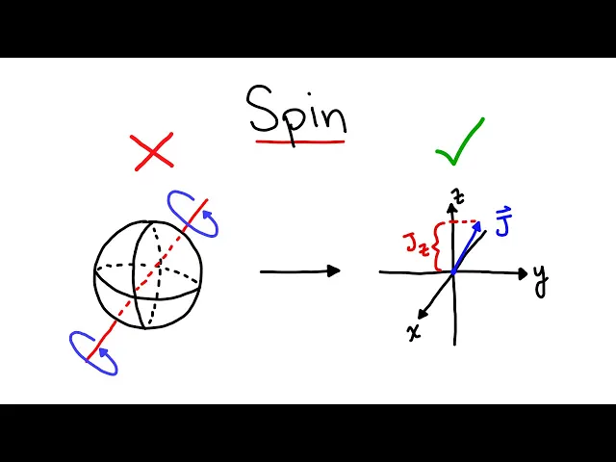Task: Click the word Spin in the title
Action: (296, 111)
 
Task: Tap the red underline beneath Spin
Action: (299, 142)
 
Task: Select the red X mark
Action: (153, 150)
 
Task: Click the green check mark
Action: (459, 144)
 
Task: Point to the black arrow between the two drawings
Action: (299, 271)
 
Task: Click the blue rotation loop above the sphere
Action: (192, 213)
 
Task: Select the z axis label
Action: (460, 196)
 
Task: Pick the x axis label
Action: (414, 331)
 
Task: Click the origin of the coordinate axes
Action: (453, 272)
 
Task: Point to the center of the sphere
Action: (148, 274)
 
